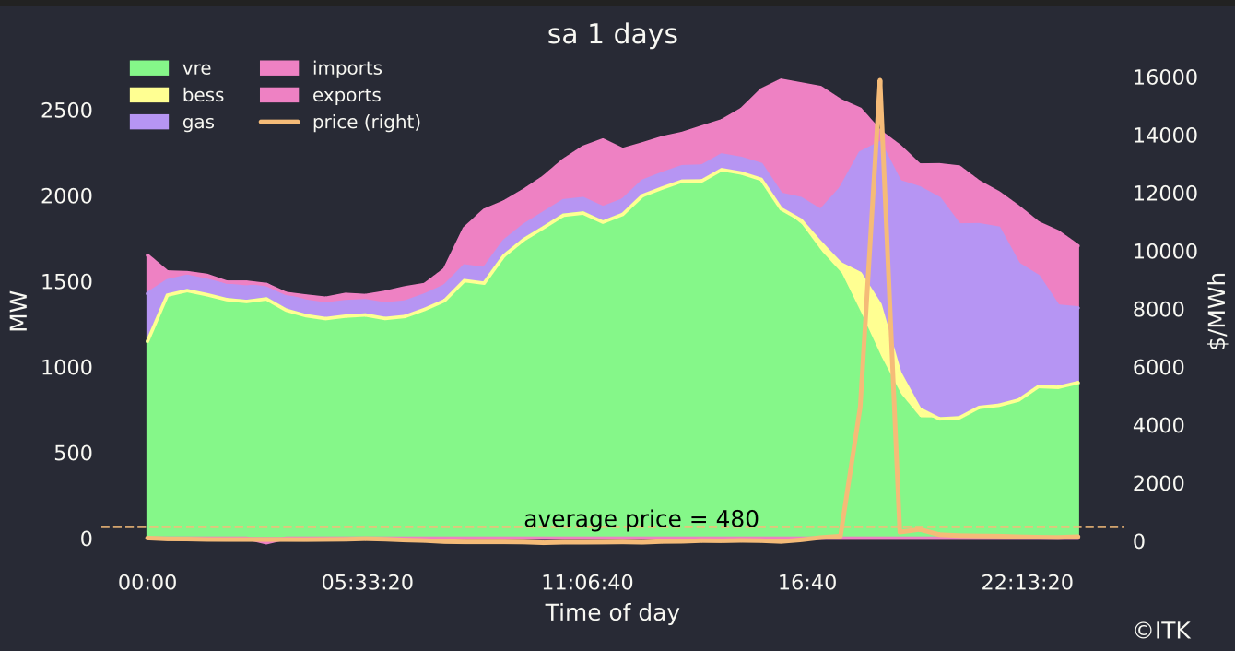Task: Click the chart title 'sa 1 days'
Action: click(612, 35)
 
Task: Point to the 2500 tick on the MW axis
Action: click(67, 111)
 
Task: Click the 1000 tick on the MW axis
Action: click(67, 367)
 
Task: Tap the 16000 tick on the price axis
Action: click(1165, 77)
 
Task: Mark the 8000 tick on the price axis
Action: click(1159, 309)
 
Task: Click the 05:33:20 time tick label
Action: click(367, 583)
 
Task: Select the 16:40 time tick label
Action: click(806, 583)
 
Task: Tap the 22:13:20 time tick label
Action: click(1027, 583)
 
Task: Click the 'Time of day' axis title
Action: click(612, 613)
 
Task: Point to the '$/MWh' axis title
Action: click(1218, 311)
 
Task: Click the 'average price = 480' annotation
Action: click(641, 519)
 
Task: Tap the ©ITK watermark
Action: click(1161, 631)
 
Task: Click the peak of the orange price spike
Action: click(880, 81)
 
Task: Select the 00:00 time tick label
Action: click(147, 583)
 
